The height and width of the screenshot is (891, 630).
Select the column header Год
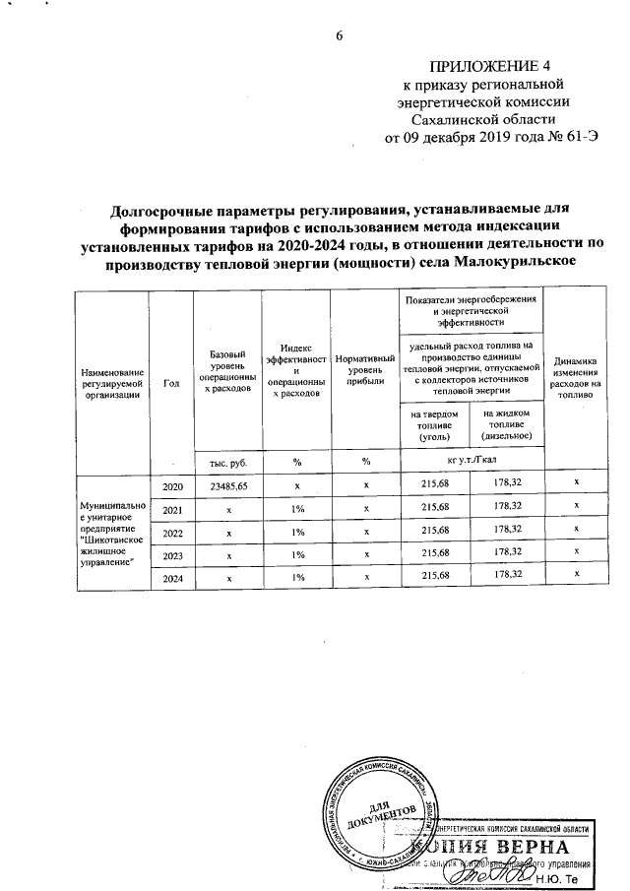tap(171, 383)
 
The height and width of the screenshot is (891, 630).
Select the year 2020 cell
tap(171, 486)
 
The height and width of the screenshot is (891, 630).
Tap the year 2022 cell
tap(171, 532)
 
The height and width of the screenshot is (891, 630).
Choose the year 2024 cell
tap(171, 576)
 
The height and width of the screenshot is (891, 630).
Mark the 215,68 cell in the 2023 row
tap(434, 554)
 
